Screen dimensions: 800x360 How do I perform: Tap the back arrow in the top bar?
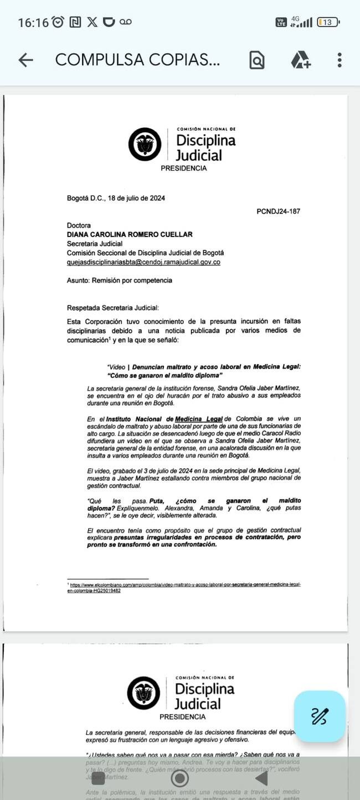pyautogui.click(x=25, y=60)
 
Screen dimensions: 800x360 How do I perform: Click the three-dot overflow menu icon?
pyautogui.click(x=339, y=60)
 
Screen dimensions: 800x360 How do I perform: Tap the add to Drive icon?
pyautogui.click(x=301, y=60)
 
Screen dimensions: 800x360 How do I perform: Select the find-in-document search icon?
pyautogui.click(x=256, y=60)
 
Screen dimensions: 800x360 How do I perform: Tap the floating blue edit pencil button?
pyautogui.click(x=320, y=716)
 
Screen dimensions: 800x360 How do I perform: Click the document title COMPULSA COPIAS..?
pyautogui.click(x=137, y=60)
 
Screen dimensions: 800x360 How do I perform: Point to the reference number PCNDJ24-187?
pyautogui.click(x=279, y=212)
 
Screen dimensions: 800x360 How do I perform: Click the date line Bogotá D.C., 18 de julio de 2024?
pyautogui.click(x=116, y=198)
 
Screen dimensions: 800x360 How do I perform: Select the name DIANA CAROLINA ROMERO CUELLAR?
pyautogui.click(x=130, y=234)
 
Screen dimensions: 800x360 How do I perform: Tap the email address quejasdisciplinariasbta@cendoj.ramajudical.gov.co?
pyautogui.click(x=143, y=262)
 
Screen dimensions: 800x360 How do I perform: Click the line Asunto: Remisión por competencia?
pyautogui.click(x=119, y=280)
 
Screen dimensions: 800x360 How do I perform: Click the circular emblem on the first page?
pyautogui.click(x=145, y=145)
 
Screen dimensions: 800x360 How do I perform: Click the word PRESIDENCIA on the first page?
pyautogui.click(x=183, y=168)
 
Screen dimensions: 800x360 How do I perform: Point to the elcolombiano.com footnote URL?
pyautogui.click(x=187, y=587)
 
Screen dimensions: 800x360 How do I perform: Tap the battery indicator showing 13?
pyautogui.click(x=328, y=22)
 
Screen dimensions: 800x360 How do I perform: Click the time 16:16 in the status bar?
pyautogui.click(x=33, y=22)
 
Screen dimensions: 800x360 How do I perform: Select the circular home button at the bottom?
pyautogui.click(x=180, y=778)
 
